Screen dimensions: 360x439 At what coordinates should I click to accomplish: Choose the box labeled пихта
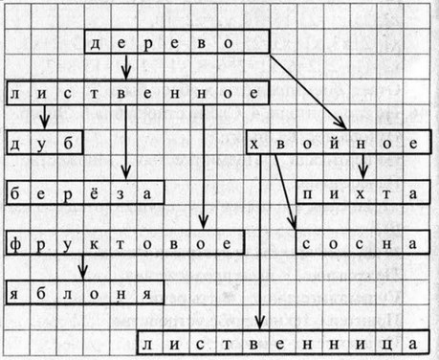358,193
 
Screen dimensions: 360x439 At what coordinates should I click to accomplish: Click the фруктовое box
121,243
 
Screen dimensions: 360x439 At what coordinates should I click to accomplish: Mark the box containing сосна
358,243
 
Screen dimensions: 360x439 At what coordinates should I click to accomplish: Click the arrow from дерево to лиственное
127,69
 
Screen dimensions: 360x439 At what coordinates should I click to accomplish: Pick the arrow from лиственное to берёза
127,143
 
